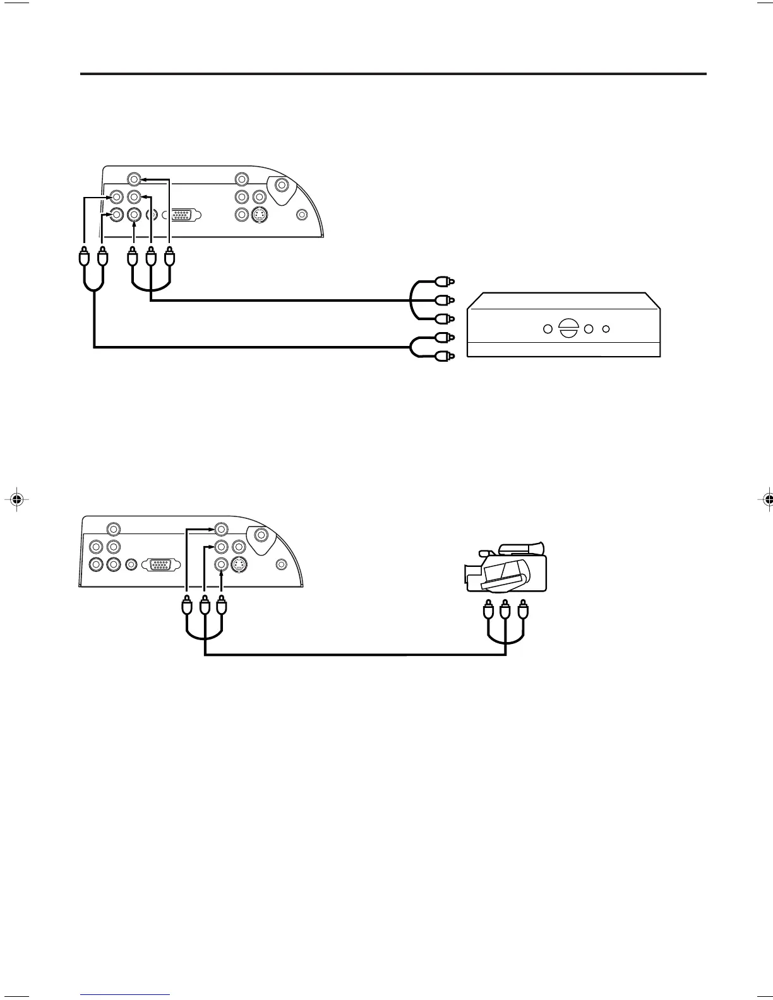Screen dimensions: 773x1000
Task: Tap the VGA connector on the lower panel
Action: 162,564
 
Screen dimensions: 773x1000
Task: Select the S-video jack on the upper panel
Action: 258,215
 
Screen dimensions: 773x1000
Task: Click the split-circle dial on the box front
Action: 569,329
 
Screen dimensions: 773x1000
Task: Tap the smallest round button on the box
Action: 606,329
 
